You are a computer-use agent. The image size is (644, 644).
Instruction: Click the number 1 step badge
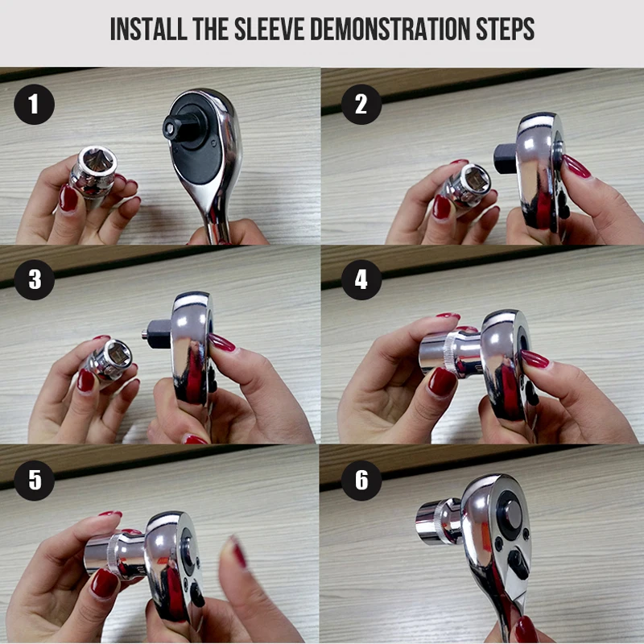34,105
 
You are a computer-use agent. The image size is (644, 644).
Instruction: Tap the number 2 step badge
361,105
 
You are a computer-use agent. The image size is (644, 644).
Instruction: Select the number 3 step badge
34,279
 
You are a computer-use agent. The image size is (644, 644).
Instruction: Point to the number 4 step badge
361,279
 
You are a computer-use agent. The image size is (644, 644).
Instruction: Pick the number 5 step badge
34,480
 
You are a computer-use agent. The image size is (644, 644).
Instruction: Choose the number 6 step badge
361,480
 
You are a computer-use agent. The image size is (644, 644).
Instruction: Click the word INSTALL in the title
148,29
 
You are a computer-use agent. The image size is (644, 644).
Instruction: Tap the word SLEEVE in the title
269,29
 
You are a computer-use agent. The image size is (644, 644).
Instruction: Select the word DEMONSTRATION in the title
390,29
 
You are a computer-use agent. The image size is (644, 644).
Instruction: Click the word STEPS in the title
505,29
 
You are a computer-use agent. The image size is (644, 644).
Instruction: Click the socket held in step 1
93,172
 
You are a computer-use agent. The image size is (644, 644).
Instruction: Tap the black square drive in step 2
506,159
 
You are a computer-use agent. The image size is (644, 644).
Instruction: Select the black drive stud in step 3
157,333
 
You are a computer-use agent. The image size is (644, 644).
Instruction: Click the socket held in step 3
108,360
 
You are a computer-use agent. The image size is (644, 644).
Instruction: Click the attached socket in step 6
439,522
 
